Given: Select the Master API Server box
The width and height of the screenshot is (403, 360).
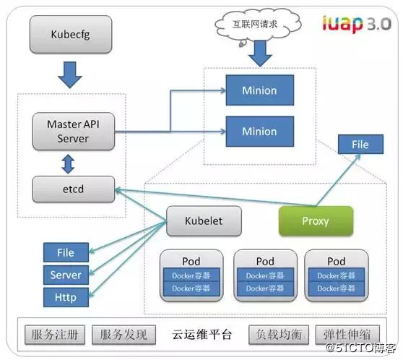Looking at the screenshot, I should click(73, 130).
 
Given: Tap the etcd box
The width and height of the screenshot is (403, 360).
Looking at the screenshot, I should click(73, 189).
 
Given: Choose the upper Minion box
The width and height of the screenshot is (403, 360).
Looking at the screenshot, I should click(259, 91).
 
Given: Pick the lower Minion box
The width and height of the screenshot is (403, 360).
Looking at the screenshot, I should click(259, 131).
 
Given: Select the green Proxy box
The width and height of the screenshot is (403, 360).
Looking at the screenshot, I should click(316, 220).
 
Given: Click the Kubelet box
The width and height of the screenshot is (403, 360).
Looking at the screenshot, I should click(203, 221).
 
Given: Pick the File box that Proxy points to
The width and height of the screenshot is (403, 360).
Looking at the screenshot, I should click(360, 145).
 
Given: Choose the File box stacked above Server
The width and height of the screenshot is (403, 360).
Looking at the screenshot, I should click(66, 253).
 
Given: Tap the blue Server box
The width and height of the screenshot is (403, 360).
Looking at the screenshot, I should click(66, 275).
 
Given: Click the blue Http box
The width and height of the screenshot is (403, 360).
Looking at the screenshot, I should click(66, 296).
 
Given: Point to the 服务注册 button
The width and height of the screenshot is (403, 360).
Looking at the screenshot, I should click(55, 335).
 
